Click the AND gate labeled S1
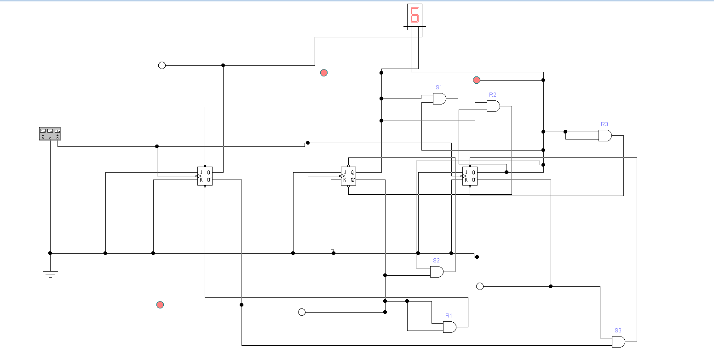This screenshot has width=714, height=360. (439, 99)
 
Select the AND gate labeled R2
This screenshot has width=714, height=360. (493, 106)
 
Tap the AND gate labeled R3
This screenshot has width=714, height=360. (605, 135)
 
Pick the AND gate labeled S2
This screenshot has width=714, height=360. (437, 272)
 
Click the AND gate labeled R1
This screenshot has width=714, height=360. (449, 327)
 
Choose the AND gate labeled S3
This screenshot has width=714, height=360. (618, 342)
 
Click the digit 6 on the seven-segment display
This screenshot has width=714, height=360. (415, 15)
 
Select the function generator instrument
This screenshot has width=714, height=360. (50, 134)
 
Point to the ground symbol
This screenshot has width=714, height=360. (50, 273)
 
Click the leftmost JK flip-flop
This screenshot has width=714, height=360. (205, 176)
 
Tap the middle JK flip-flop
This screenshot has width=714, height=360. (348, 176)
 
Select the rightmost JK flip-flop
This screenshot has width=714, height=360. (470, 176)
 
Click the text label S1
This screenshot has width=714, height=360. (438, 87)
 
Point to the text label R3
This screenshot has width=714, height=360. (605, 124)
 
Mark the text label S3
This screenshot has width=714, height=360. (618, 331)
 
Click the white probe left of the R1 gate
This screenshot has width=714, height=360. (302, 312)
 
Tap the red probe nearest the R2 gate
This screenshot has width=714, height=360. (477, 80)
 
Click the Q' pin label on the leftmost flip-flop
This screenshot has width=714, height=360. (209, 180)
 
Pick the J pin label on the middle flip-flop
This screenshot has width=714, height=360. (345, 173)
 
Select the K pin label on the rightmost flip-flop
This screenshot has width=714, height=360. (466, 180)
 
